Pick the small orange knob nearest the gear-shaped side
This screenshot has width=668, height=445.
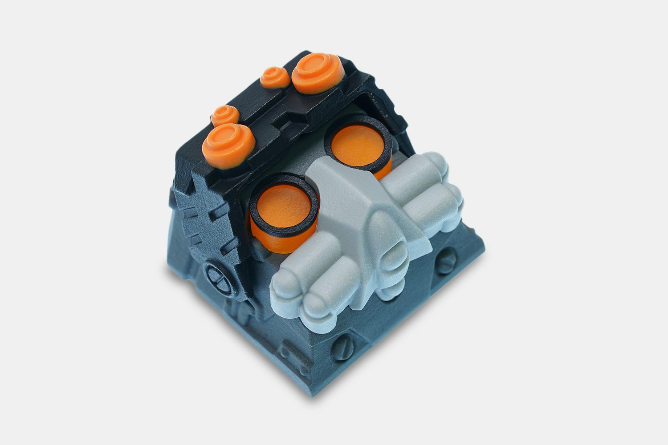(225, 115)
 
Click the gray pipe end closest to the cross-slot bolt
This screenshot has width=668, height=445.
(285, 285)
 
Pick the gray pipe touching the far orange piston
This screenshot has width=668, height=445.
(401, 178)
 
